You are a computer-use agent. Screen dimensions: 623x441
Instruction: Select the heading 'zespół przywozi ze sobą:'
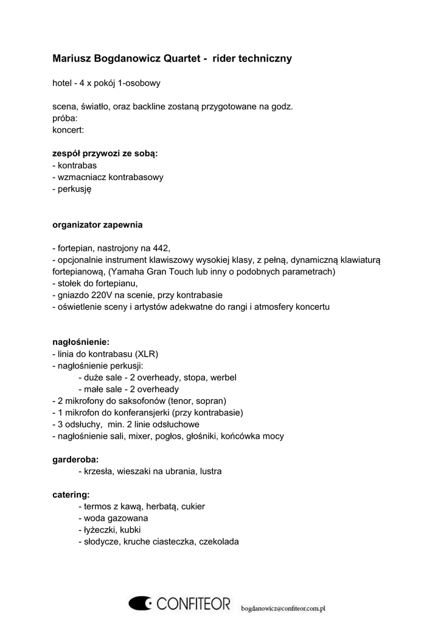105,154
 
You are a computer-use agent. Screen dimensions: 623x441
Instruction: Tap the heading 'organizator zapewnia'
97,225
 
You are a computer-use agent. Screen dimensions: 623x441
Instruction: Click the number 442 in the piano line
162,248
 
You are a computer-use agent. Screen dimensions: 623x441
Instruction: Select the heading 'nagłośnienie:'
81,343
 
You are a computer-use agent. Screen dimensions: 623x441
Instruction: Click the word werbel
223,378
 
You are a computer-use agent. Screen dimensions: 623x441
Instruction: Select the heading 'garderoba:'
75,459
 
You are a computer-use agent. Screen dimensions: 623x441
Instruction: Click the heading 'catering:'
71,495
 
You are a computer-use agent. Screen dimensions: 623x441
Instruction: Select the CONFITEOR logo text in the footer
193,604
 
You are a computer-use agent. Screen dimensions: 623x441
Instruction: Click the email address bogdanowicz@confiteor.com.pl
284,607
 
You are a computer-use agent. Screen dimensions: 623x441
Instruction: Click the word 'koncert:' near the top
68,130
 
